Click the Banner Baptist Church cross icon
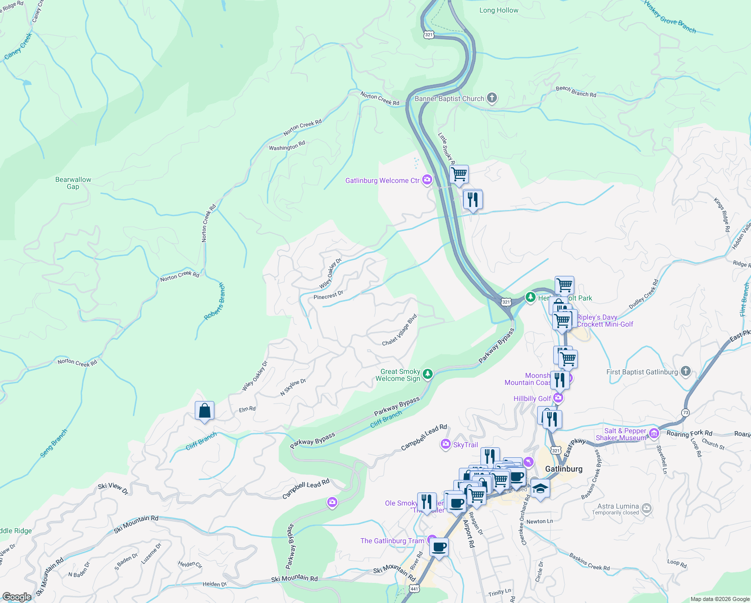[492, 98]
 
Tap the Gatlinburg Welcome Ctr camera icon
[427, 180]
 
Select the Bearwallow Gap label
[73, 183]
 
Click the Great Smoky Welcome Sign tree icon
[427, 374]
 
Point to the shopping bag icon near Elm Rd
[205, 411]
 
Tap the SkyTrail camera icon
[445, 444]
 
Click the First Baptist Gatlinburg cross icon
[686, 371]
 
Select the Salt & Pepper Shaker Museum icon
[654, 433]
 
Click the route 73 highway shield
[685, 412]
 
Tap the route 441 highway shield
[414, 588]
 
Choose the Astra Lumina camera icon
[647, 509]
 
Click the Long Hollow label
[498, 10]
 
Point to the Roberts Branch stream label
[215, 301]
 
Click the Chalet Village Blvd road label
[400, 331]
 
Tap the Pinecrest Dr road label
[328, 295]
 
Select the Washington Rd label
[287, 146]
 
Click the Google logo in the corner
[17, 597]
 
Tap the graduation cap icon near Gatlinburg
[540, 488]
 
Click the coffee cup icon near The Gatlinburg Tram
[439, 547]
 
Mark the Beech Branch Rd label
[576, 91]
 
